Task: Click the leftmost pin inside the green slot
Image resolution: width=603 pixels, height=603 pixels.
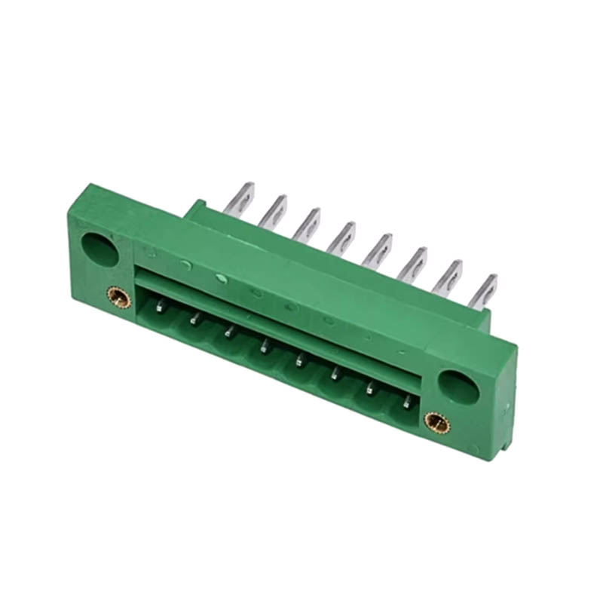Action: tap(160, 305)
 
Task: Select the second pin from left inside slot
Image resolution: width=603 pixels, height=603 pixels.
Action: tap(195, 320)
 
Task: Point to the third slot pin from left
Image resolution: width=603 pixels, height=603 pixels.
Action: tap(230, 332)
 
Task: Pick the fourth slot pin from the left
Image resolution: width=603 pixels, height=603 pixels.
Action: tap(265, 347)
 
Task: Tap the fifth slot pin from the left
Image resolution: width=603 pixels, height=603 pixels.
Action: tap(300, 360)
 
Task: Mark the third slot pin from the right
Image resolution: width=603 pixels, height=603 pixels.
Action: tap(335, 374)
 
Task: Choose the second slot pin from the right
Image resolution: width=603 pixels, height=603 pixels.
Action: tap(371, 388)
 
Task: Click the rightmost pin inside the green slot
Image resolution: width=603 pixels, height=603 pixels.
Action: tap(407, 403)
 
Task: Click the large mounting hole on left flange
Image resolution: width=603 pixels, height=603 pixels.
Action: tap(99, 249)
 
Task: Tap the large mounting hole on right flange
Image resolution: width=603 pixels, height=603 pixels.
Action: tap(458, 386)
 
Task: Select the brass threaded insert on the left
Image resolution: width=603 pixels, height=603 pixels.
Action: tap(118, 297)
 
